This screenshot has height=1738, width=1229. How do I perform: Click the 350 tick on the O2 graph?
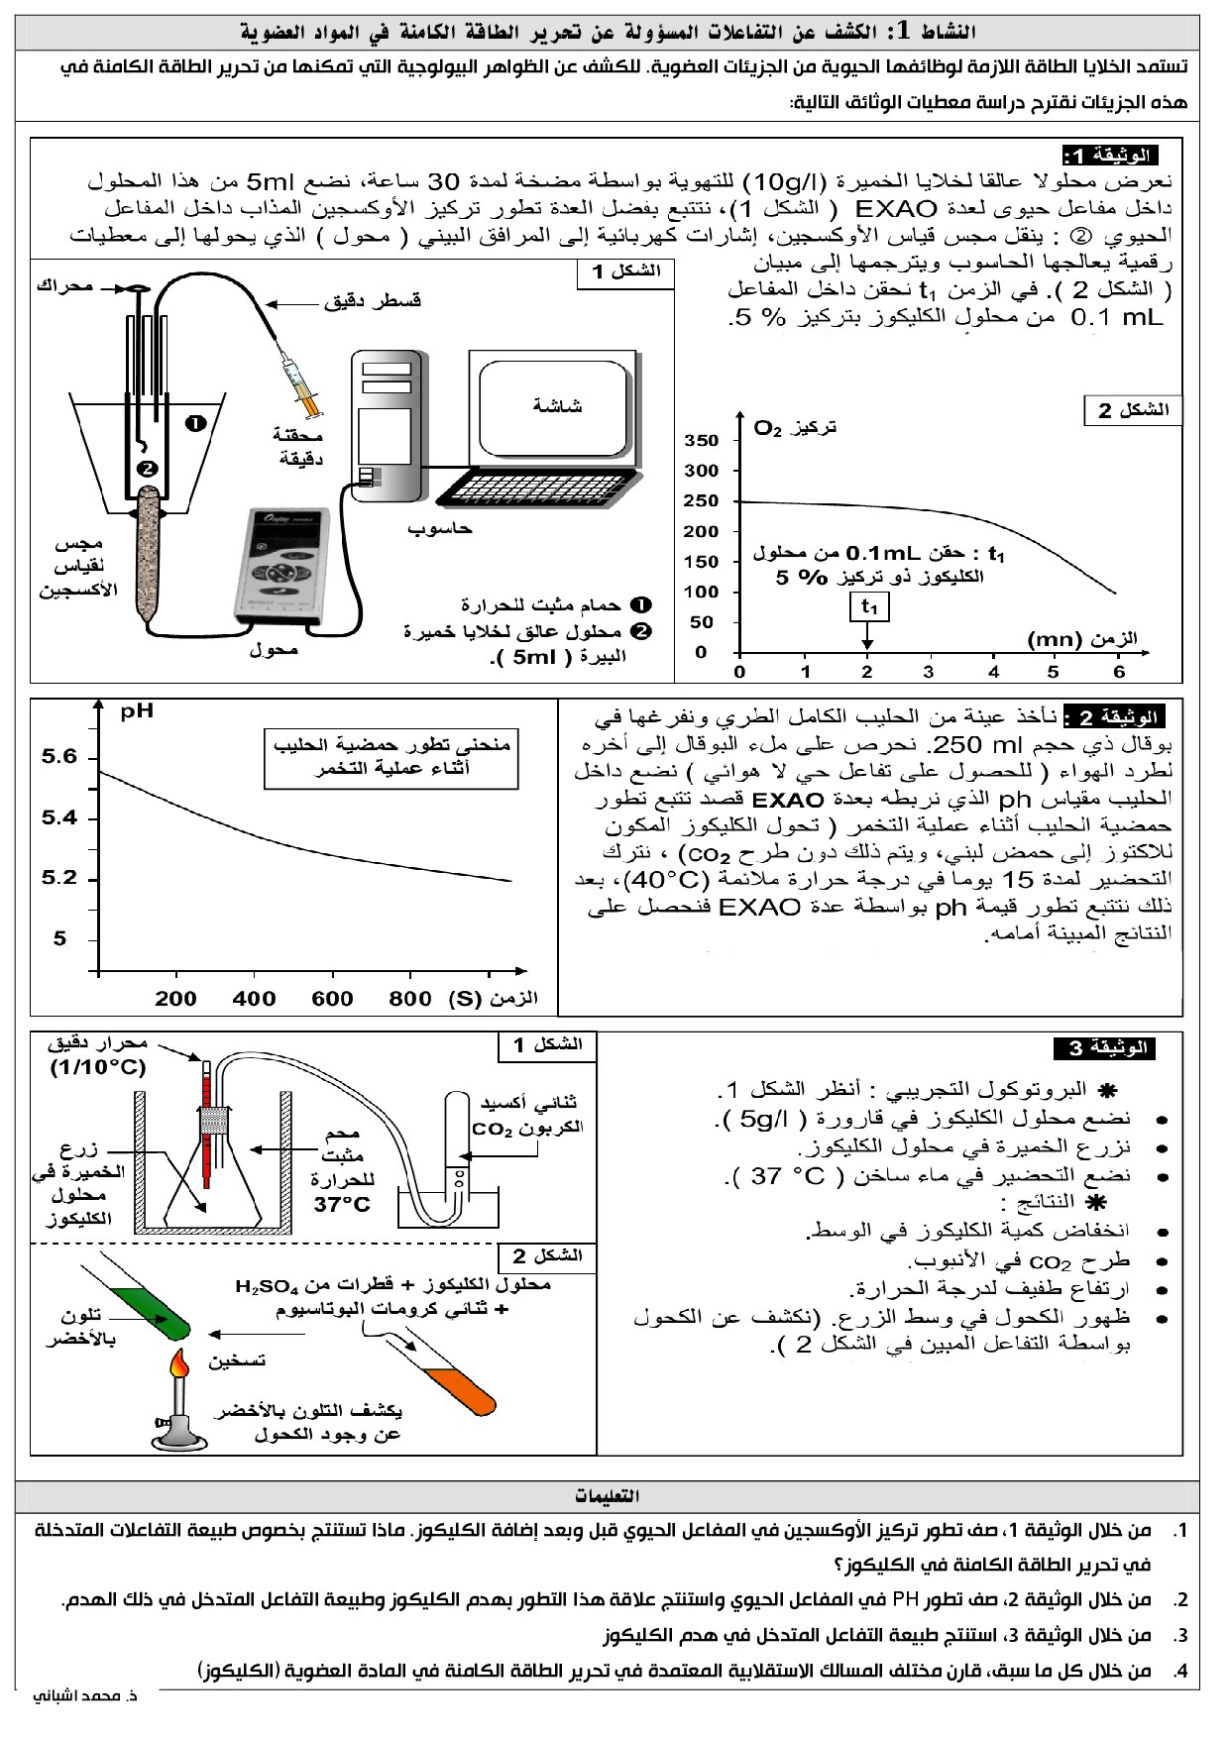tap(702, 440)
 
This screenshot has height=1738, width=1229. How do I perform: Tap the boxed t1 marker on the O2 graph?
tap(868, 606)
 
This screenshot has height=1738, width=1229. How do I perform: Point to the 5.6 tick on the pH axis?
tap(59, 758)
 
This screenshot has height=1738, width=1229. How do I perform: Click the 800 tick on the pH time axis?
tap(409, 999)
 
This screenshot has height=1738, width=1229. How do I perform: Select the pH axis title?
tap(137, 711)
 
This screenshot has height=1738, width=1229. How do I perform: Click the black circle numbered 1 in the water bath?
tap(195, 423)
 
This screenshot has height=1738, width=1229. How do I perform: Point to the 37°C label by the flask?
tap(341, 1206)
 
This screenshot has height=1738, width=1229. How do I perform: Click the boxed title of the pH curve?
tap(391, 758)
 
